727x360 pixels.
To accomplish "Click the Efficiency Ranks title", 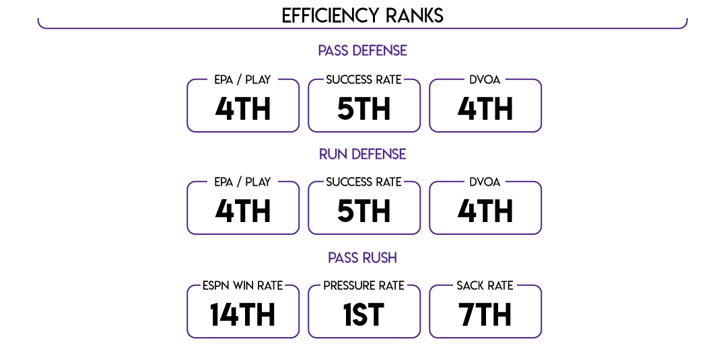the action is pyautogui.click(x=363, y=15).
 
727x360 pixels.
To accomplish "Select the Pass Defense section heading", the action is pyautogui.click(x=363, y=50).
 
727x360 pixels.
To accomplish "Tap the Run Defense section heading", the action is pyautogui.click(x=363, y=154).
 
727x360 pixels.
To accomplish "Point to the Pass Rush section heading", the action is pyautogui.click(x=363, y=258).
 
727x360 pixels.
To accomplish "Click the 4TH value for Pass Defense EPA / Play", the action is pyautogui.click(x=243, y=109).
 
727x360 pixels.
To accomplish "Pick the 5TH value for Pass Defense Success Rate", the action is pyautogui.click(x=364, y=109).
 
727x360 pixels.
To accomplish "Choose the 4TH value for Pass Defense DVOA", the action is pyautogui.click(x=485, y=109).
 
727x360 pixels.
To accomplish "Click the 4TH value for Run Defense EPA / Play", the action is pyautogui.click(x=243, y=212).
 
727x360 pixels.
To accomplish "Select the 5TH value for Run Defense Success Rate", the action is pyautogui.click(x=364, y=212).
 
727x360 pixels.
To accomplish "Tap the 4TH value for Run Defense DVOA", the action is pyautogui.click(x=485, y=212).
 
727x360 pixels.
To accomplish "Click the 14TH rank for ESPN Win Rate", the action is pyautogui.click(x=242, y=315).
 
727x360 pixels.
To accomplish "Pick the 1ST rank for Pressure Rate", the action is pyautogui.click(x=364, y=315).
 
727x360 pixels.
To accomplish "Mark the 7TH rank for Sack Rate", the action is pyautogui.click(x=485, y=315).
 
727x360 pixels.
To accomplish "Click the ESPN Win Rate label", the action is pyautogui.click(x=242, y=286).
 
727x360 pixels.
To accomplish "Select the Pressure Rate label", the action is pyautogui.click(x=364, y=286).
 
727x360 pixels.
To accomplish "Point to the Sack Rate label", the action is pyautogui.click(x=485, y=286).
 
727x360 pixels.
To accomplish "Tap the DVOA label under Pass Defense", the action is pyautogui.click(x=485, y=80).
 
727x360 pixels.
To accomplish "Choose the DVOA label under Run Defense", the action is pyautogui.click(x=485, y=182).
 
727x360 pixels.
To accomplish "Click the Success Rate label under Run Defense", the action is pyautogui.click(x=364, y=182).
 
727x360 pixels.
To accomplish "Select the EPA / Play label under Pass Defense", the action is pyautogui.click(x=242, y=80).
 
